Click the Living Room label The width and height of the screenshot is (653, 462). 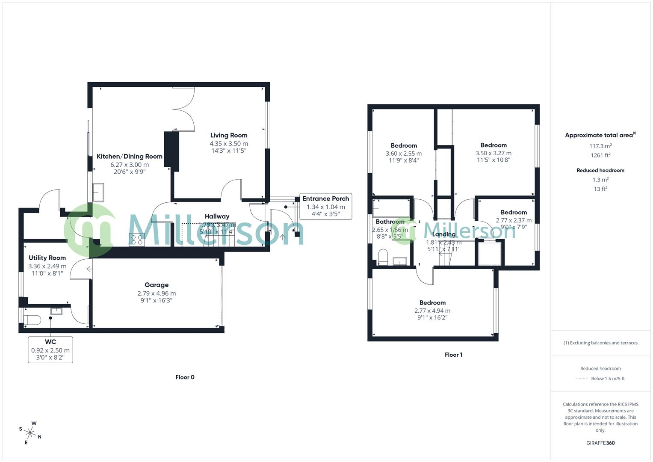pyautogui.click(x=228, y=135)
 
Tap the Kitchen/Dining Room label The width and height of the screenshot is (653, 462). pyautogui.click(x=130, y=157)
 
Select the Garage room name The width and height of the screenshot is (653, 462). pyautogui.click(x=157, y=285)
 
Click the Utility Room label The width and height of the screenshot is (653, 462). pyautogui.click(x=47, y=258)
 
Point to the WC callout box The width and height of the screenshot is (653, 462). pyautogui.click(x=50, y=349)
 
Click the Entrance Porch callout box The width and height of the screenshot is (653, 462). pyautogui.click(x=325, y=206)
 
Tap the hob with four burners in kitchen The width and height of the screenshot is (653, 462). pyautogui.click(x=137, y=240)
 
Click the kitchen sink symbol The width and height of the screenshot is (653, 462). pyautogui.click(x=98, y=192)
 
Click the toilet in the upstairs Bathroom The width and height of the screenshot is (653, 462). pyautogui.click(x=383, y=257)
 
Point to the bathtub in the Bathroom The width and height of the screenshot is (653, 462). pyautogui.click(x=391, y=208)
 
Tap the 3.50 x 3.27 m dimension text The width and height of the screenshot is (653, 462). pyautogui.click(x=493, y=153)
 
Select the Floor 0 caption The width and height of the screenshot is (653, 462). pyautogui.click(x=185, y=377)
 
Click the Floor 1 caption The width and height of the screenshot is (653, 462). pyautogui.click(x=453, y=355)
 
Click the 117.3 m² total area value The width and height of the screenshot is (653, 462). pyautogui.click(x=600, y=146)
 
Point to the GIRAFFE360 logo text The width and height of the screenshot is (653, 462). pyautogui.click(x=600, y=443)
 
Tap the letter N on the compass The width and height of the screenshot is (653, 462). pyautogui.click(x=40, y=437)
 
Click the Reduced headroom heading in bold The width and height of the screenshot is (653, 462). pyautogui.click(x=600, y=170)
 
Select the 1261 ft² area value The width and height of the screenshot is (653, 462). pyautogui.click(x=600, y=155)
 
